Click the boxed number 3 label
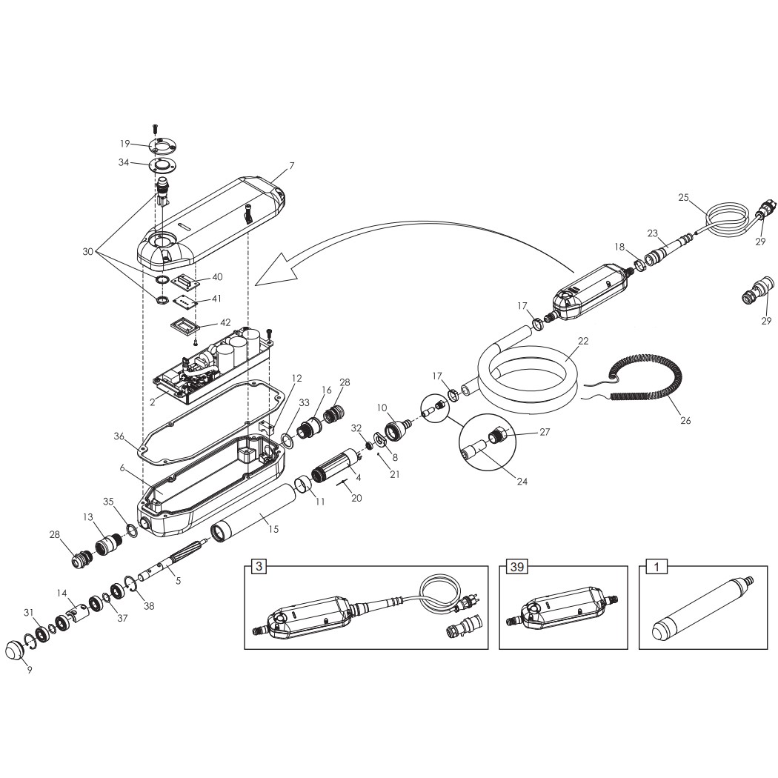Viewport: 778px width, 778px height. (x=259, y=566)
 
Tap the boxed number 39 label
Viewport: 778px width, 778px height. (x=517, y=566)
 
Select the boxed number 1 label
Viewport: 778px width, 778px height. (x=657, y=566)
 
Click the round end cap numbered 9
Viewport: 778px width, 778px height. (x=15, y=650)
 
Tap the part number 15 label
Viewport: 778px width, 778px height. (x=273, y=529)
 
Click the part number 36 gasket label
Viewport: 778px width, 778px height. (x=119, y=436)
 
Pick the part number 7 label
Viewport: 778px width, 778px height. (x=292, y=166)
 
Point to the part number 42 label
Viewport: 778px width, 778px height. (x=225, y=322)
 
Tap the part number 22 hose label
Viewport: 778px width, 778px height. (x=583, y=342)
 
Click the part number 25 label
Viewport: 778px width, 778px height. (x=684, y=198)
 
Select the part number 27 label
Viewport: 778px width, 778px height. (x=545, y=432)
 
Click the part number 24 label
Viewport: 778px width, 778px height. (x=522, y=481)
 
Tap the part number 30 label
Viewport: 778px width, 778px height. (x=88, y=252)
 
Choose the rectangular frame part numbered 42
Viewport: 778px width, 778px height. (x=184, y=328)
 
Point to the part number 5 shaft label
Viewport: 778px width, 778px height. (x=179, y=580)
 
